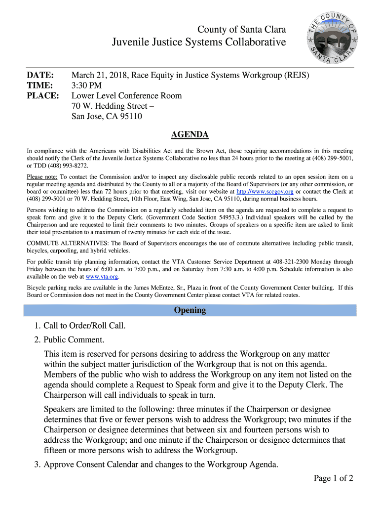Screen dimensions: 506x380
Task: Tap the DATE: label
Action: pyautogui.click(x=40, y=76)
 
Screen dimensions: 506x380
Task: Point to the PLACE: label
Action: pyautogui.click(x=42, y=96)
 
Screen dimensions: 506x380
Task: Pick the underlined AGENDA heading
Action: pyautogui.click(x=190, y=134)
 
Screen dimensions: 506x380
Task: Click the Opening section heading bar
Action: pyautogui.click(x=190, y=310)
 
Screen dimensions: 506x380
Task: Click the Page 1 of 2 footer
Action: pyautogui.click(x=333, y=478)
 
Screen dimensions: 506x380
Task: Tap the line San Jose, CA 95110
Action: pyautogui.click(x=107, y=117)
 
